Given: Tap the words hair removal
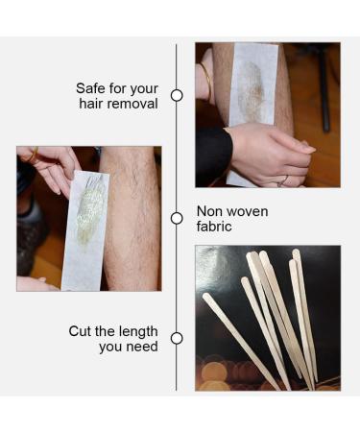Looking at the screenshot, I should pos(117,104).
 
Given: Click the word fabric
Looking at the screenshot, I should pos(215,228).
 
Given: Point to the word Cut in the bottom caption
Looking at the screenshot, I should pos(82,330).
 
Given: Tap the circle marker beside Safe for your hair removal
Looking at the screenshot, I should pos(177,95).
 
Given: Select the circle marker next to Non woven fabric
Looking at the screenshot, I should pos(177,218).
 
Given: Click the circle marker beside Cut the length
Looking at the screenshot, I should pos(177,338).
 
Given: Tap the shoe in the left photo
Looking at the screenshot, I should pos(30,235).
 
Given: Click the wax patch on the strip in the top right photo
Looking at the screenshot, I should pos(252,93).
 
